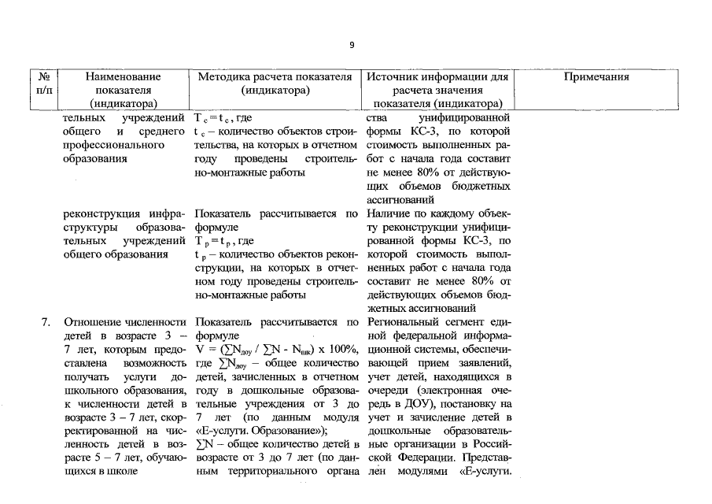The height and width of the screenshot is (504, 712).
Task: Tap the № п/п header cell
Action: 44,90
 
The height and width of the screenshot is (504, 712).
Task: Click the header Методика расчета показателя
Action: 274,77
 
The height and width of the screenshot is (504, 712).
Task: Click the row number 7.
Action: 46,322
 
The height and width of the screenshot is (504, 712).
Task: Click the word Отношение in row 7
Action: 90,322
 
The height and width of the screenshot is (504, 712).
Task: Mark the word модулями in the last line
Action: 426,471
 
